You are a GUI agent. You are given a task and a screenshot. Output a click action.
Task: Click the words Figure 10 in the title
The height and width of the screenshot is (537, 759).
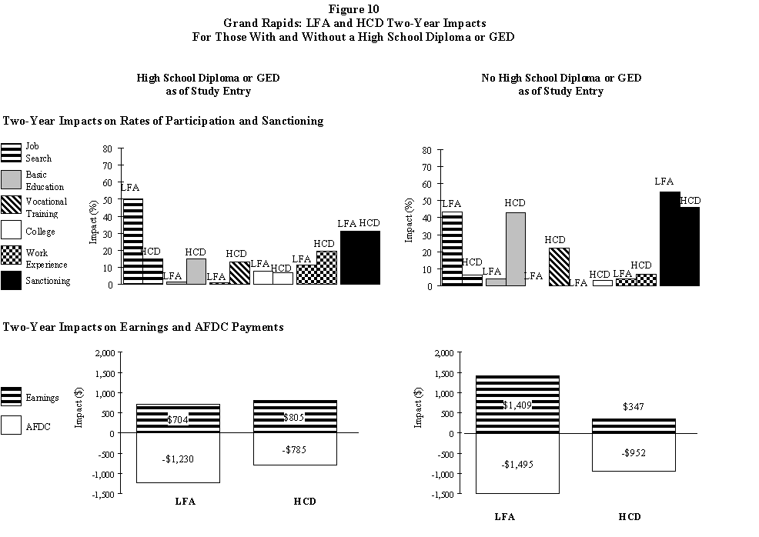point(379,9)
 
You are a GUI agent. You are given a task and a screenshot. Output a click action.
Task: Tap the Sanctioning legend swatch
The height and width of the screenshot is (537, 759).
point(12,280)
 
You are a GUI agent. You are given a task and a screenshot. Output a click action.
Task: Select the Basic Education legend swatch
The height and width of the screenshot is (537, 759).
point(12,180)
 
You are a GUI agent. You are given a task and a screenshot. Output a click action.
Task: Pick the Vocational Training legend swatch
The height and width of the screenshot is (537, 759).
point(12,205)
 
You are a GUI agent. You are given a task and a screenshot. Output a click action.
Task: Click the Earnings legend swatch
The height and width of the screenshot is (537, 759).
point(12,395)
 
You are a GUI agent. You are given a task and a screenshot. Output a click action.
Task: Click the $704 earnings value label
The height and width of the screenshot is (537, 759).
point(178,420)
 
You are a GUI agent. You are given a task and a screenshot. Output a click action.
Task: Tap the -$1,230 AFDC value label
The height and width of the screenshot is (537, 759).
point(178,459)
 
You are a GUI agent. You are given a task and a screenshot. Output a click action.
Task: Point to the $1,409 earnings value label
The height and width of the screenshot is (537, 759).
point(517,405)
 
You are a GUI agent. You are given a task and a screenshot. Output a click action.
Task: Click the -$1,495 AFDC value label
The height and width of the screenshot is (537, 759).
point(517,464)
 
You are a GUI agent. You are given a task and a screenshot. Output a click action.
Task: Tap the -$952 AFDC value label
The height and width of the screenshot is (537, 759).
point(634,452)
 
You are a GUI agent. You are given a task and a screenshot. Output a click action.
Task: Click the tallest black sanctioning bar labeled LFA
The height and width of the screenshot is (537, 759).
point(670,238)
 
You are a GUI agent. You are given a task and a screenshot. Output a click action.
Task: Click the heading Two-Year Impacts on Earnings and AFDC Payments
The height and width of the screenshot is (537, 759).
point(143,327)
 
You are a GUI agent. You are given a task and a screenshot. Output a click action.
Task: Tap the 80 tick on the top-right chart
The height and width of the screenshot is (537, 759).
point(426,150)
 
